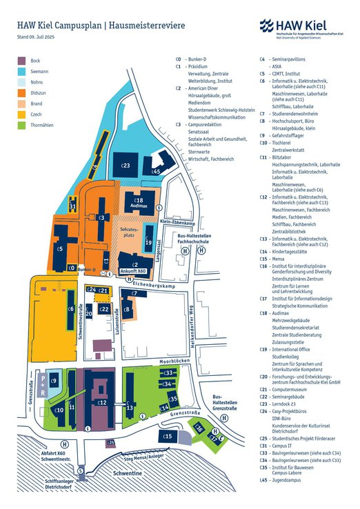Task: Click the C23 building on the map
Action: [126, 164]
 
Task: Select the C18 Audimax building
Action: [138, 200]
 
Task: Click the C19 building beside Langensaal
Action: [148, 243]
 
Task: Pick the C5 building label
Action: [60, 249]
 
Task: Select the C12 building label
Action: [101, 402]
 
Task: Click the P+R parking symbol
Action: [43, 384]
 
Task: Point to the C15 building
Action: [168, 436]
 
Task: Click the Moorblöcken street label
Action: [175, 361]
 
